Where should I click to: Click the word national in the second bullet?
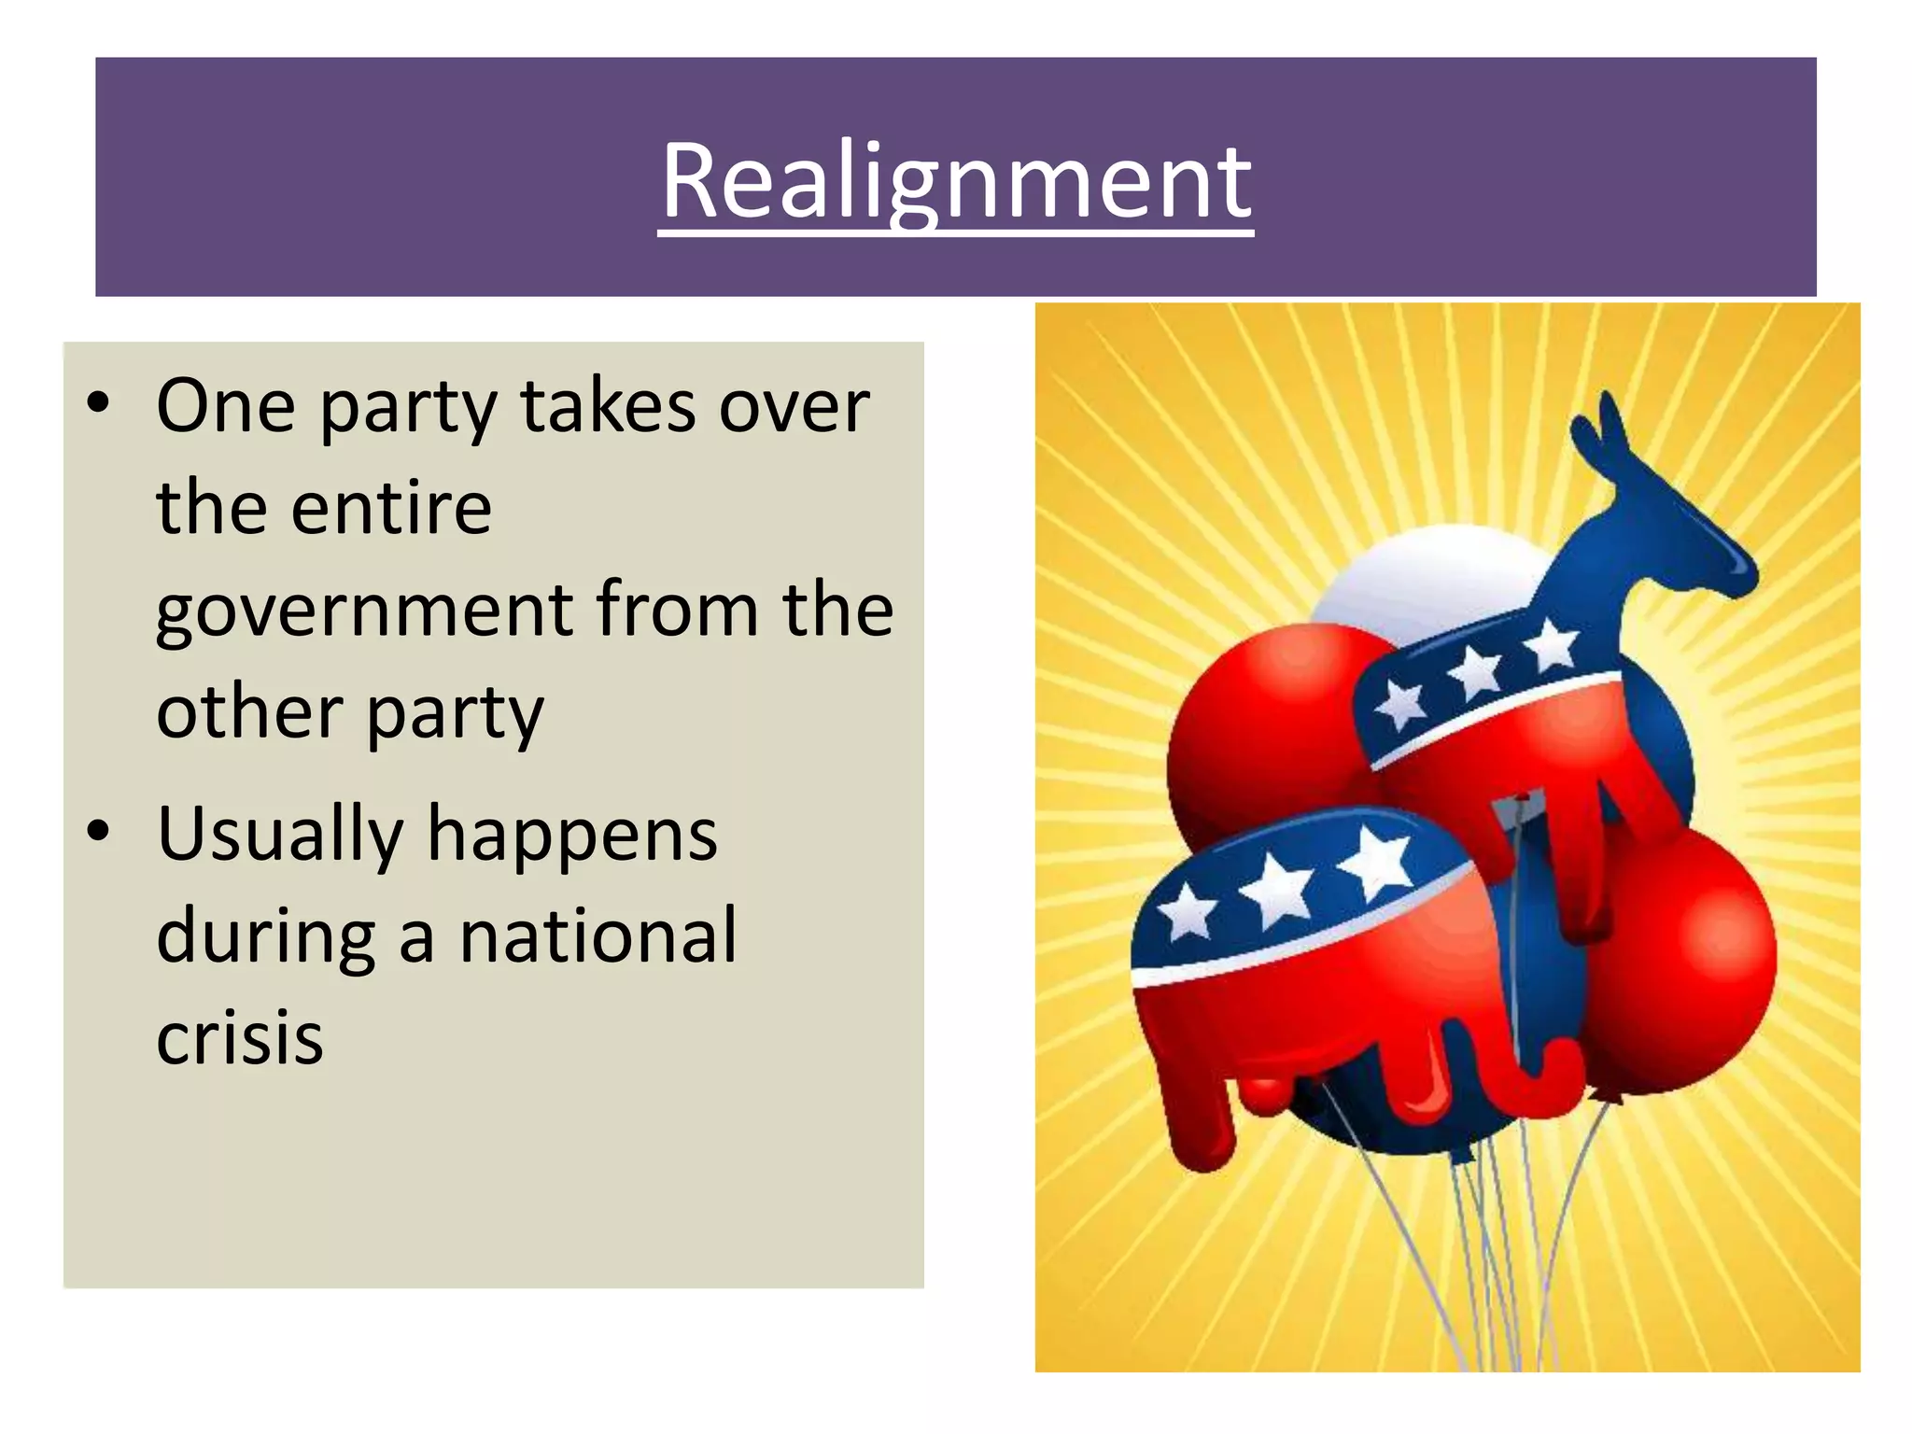[x=598, y=935]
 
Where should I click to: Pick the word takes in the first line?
[x=608, y=407]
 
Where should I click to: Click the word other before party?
[x=249, y=712]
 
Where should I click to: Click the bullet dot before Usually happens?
[x=98, y=831]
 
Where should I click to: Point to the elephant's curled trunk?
[x=1550, y=1074]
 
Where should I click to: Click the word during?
[x=266, y=937]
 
